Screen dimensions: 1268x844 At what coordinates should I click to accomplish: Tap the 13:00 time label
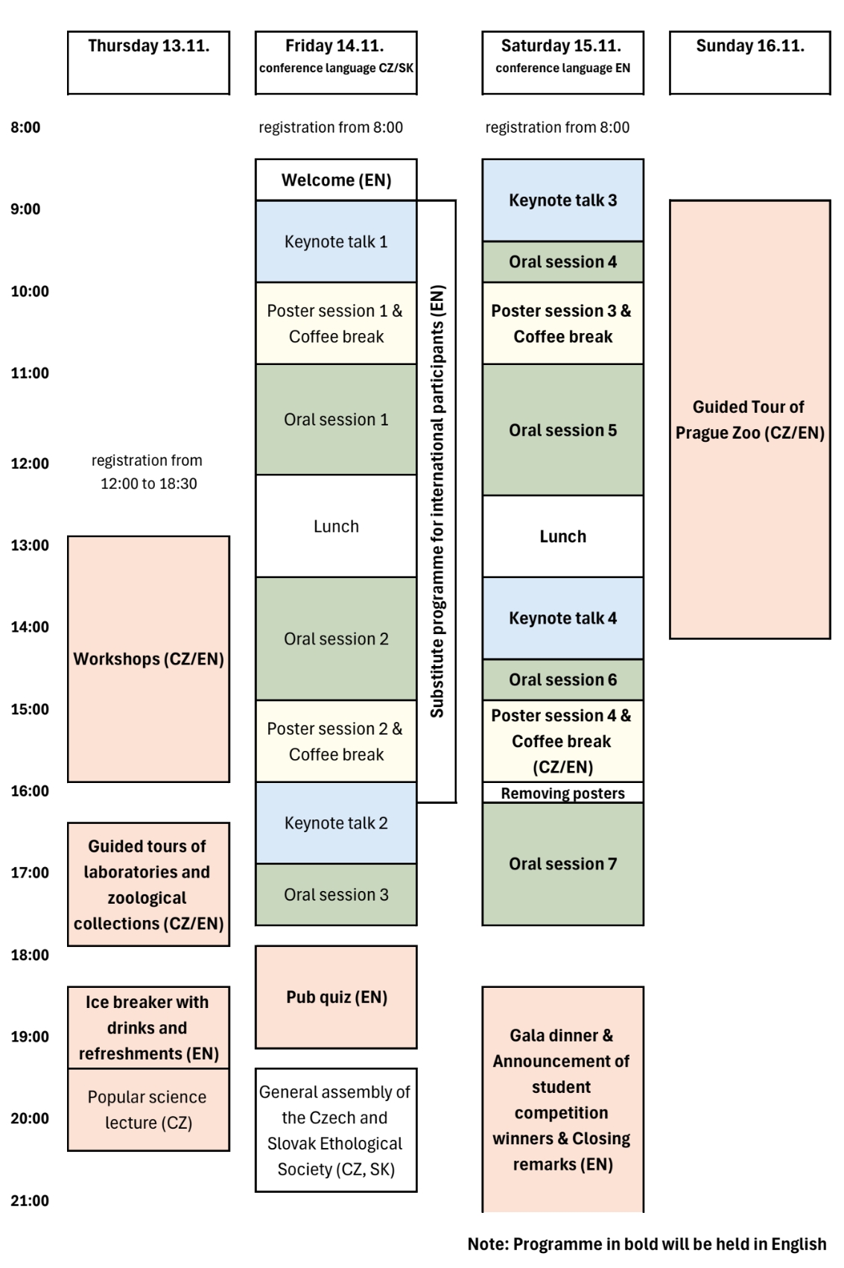click(x=30, y=545)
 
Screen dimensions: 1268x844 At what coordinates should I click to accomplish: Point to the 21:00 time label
click(x=30, y=1200)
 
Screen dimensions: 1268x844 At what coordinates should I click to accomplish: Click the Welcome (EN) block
click(x=336, y=180)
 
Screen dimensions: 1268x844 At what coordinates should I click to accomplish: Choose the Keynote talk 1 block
click(x=336, y=241)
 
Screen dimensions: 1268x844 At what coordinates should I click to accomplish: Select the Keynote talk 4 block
click(x=562, y=618)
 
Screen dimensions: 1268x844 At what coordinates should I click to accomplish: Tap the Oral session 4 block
click(x=562, y=261)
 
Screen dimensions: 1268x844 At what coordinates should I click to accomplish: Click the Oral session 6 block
click(x=562, y=679)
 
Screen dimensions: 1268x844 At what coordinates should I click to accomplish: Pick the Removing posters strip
click(x=562, y=793)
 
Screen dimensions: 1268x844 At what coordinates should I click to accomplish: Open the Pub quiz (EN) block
click(x=336, y=997)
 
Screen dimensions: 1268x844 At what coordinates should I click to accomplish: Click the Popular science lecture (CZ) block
click(x=148, y=1109)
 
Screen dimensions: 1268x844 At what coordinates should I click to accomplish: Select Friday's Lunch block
click(x=336, y=526)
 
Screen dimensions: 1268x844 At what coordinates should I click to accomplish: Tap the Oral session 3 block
click(x=336, y=894)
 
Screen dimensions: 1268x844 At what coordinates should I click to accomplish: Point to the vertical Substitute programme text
click(x=437, y=501)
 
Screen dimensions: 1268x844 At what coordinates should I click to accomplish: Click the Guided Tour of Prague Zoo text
click(x=749, y=419)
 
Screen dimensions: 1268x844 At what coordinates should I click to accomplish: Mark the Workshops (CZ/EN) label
click(x=148, y=659)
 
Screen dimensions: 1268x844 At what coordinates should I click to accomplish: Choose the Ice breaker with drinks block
click(x=148, y=1027)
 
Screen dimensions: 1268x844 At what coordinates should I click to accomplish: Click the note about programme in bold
click(x=647, y=1244)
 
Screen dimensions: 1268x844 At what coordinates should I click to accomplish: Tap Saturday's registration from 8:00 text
click(x=557, y=127)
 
